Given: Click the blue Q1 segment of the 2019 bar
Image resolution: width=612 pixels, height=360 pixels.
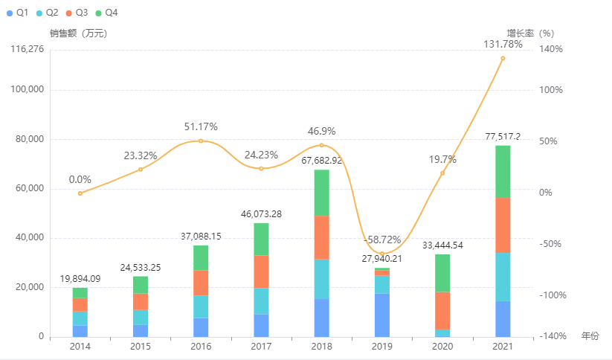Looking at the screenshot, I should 381,315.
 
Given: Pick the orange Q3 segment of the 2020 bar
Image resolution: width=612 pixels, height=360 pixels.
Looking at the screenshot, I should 442,310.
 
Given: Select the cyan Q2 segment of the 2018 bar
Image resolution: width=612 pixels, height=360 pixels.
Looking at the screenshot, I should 321,279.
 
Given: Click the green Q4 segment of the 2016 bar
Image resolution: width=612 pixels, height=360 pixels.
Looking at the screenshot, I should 201,257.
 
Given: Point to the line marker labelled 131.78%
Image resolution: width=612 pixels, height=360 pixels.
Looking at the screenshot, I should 503,58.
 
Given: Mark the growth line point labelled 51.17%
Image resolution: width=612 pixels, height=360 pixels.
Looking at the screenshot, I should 201,141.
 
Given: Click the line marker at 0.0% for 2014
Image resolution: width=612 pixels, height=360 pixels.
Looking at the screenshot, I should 80,193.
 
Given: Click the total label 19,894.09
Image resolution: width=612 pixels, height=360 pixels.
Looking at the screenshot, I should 80,279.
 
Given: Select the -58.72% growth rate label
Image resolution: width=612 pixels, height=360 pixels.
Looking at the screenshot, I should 382,240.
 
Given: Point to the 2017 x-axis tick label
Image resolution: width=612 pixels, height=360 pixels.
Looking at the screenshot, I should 261,347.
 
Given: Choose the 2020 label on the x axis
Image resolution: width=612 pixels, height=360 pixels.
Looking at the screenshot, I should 442,347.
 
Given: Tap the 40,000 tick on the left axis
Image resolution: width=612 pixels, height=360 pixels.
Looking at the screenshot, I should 30,238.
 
